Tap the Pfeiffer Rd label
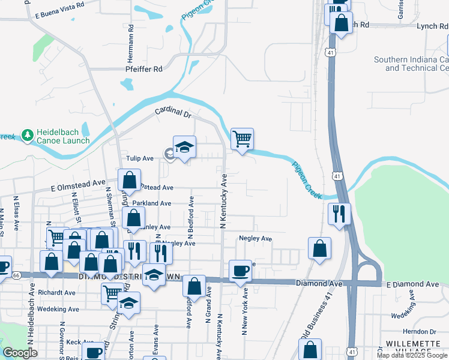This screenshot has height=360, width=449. (x=144, y=69)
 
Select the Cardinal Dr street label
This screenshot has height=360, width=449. (x=172, y=112)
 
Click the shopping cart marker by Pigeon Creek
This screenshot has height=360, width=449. (x=241, y=139)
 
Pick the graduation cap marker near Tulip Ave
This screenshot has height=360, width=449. (x=184, y=146)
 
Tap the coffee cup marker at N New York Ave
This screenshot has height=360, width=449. (x=241, y=271)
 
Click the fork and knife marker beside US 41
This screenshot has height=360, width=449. (x=339, y=214)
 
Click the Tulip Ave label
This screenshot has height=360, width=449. (x=140, y=158)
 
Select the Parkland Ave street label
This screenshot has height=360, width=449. (x=152, y=203)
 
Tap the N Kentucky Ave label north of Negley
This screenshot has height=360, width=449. (x=223, y=201)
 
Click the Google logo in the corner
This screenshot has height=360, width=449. (x=20, y=353)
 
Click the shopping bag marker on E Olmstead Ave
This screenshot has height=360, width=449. (x=130, y=180)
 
